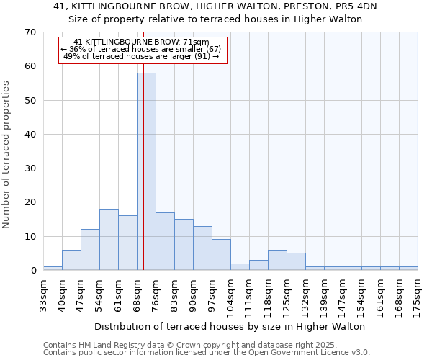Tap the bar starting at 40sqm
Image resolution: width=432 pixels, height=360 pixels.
click(x=71, y=260)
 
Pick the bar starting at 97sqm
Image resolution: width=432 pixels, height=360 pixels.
click(x=221, y=255)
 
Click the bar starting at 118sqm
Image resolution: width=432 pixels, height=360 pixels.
click(x=277, y=260)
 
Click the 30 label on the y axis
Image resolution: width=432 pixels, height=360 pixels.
click(x=30, y=168)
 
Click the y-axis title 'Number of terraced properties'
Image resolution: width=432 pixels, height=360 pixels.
click(x=7, y=154)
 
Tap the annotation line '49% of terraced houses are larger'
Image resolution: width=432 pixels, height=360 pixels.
click(x=141, y=56)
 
